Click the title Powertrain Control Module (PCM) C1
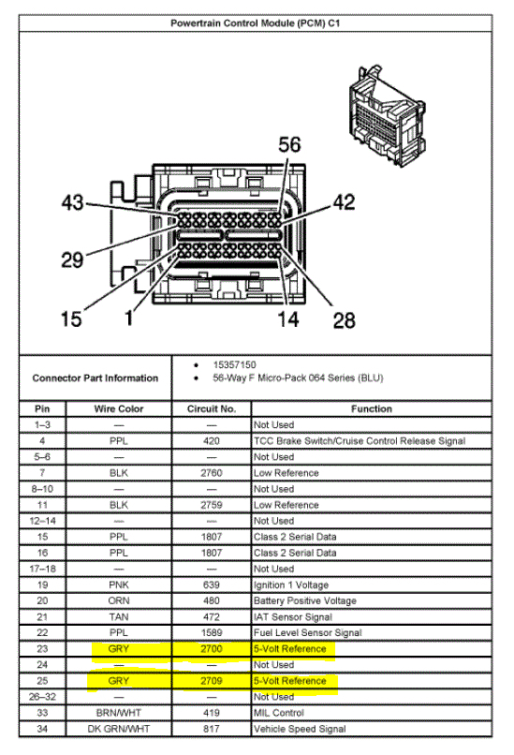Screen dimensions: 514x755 tap(255, 23)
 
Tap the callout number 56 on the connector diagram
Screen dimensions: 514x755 tap(289, 144)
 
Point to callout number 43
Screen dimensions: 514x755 tap(73, 202)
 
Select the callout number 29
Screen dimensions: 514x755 tap(72, 260)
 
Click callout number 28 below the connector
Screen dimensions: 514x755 tap(345, 320)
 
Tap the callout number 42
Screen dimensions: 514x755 tap(345, 201)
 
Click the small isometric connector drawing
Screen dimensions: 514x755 tap(387, 116)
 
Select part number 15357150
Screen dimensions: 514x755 tap(234, 364)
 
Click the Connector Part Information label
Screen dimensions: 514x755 tap(95, 378)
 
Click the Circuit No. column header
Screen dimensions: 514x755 tap(212, 408)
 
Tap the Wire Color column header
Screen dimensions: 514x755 tap(119, 408)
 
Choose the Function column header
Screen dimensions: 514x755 tap(372, 408)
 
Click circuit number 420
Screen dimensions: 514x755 tap(212, 440)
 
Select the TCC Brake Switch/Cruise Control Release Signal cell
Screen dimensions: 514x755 tap(360, 440)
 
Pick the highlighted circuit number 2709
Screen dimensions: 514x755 tap(212, 681)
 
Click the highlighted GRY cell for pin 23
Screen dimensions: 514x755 tap(119, 648)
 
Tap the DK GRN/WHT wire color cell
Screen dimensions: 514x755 tap(119, 729)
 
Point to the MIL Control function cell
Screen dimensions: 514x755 tap(279, 713)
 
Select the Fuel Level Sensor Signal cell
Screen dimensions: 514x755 tap(307, 632)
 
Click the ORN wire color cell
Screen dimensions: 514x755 tap(119, 600)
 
